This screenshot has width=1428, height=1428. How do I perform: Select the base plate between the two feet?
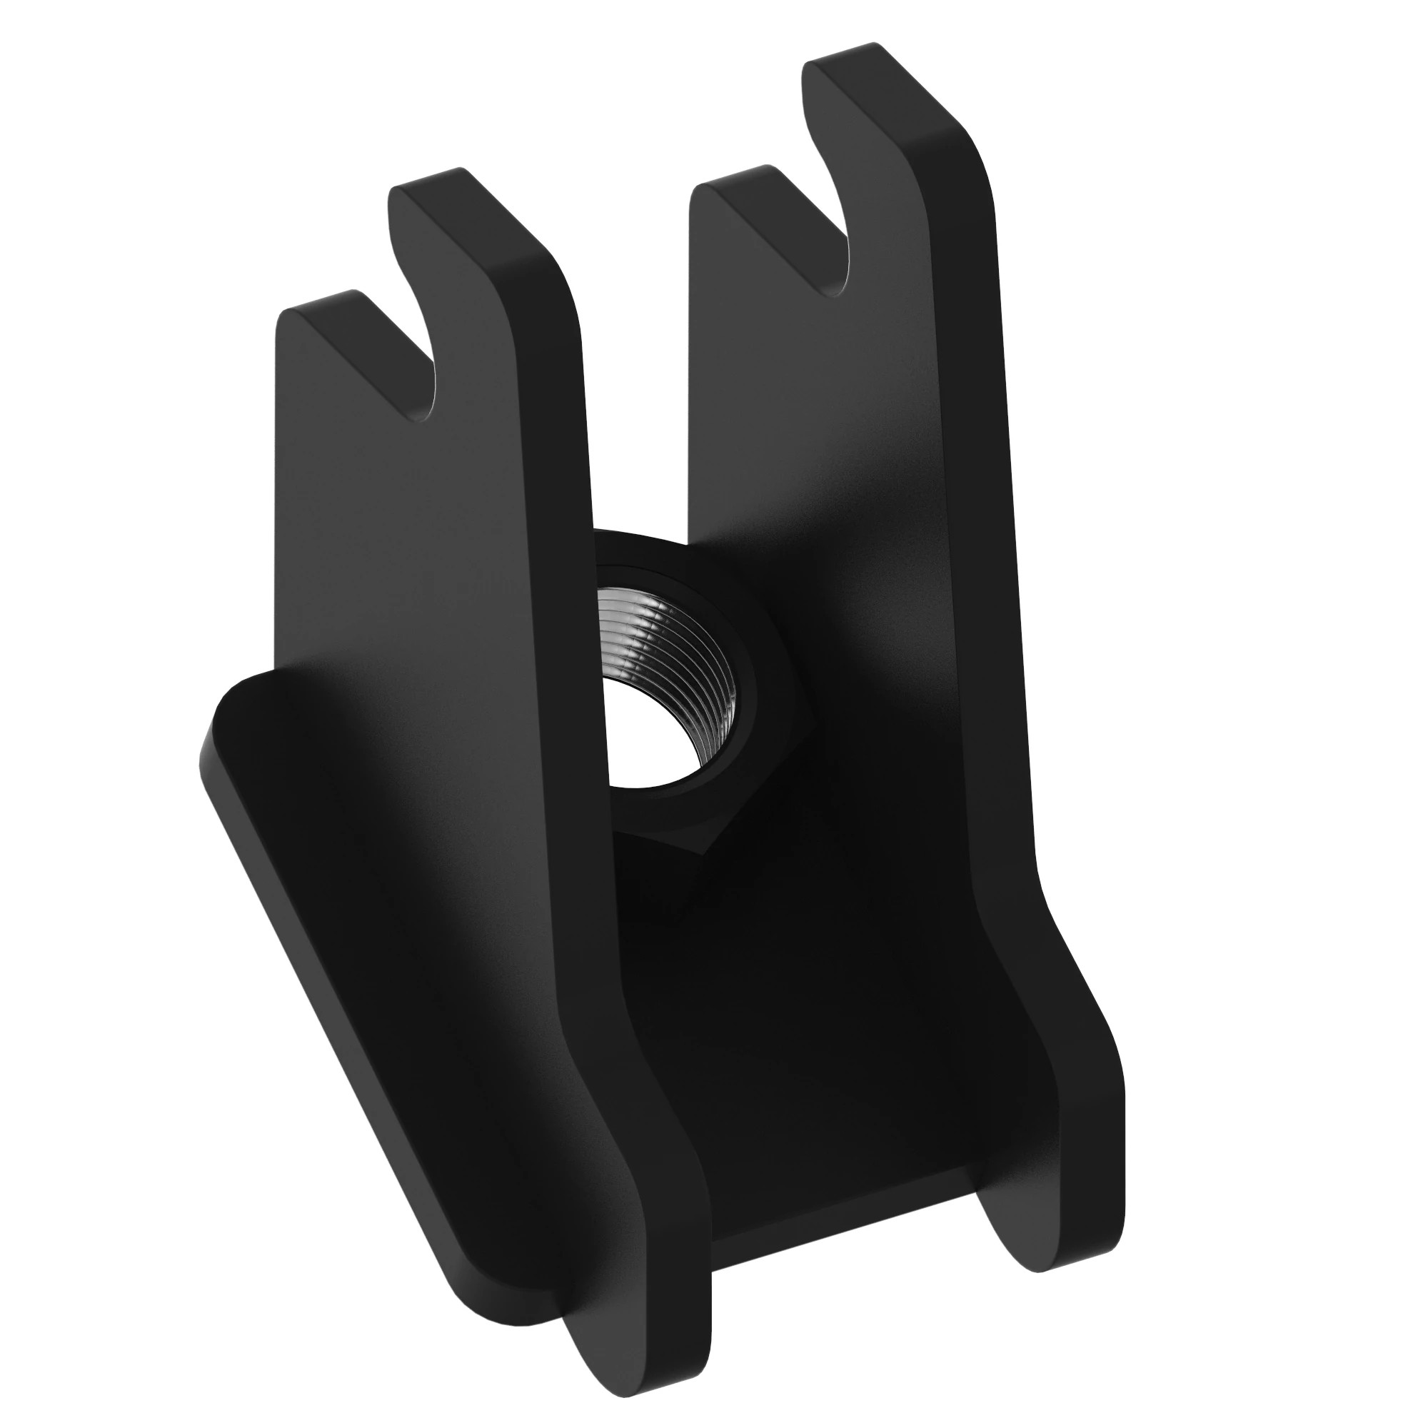(x=813, y=1072)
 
